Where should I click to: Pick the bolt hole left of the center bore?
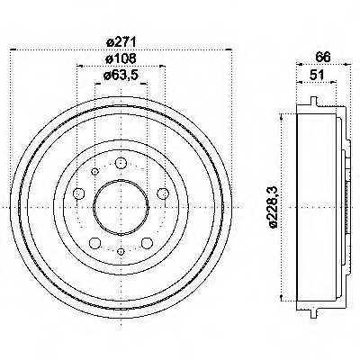[x=78, y=193]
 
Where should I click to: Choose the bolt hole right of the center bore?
[x=162, y=193]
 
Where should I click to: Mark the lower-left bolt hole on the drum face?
[x=94, y=241]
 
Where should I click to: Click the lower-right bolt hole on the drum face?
[x=146, y=241]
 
